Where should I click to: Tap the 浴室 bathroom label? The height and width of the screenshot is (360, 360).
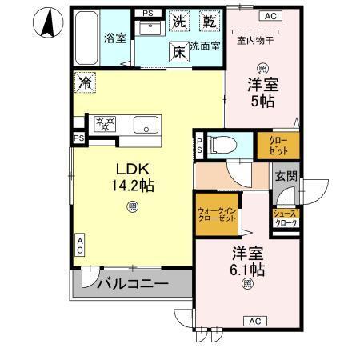115,38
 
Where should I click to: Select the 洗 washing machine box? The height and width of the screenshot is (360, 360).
180,22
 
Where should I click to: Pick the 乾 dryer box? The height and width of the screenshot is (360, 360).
209,22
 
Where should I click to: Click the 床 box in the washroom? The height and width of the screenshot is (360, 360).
179,50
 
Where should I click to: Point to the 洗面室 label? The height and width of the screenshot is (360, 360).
205,47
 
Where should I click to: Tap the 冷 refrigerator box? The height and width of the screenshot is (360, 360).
85,82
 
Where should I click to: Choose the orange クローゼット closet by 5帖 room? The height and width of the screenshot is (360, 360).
278,145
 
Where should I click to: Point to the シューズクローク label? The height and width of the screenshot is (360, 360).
286,218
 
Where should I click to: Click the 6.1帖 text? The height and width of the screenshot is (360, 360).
246,268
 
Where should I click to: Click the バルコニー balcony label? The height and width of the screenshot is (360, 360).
133,283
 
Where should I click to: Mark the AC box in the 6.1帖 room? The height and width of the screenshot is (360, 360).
254,322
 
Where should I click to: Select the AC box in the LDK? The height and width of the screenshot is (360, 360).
80,245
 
